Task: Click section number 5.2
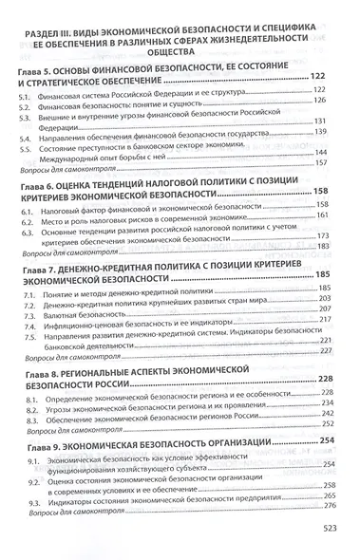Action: [x=28, y=127]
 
